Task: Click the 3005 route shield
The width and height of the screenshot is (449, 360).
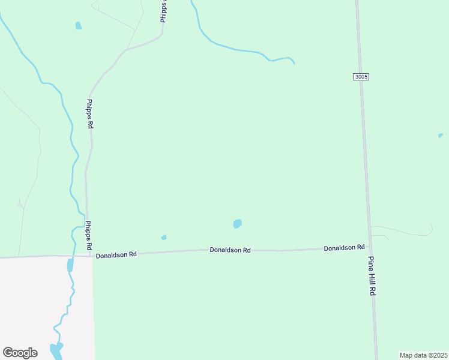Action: (x=361, y=77)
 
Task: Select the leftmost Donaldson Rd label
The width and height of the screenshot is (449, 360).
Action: (x=116, y=254)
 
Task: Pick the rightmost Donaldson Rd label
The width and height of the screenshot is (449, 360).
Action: (x=344, y=247)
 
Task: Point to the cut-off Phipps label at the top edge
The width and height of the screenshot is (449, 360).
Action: (x=163, y=11)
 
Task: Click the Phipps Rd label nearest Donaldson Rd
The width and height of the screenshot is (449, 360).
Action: (x=88, y=235)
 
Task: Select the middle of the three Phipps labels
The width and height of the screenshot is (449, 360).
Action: (x=90, y=114)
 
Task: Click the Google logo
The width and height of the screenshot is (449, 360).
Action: (x=20, y=353)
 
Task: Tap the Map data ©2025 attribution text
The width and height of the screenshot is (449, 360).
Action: (x=424, y=355)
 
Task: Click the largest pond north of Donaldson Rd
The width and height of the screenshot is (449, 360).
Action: (x=237, y=224)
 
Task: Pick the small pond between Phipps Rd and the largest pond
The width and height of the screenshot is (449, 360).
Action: (x=164, y=238)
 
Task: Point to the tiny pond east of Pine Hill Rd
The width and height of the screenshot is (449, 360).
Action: (x=441, y=136)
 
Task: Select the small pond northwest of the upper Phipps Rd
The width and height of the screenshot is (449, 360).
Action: (x=78, y=26)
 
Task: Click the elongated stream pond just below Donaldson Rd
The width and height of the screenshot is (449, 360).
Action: (x=70, y=265)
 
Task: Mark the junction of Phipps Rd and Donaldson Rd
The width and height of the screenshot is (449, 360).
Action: (x=91, y=256)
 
